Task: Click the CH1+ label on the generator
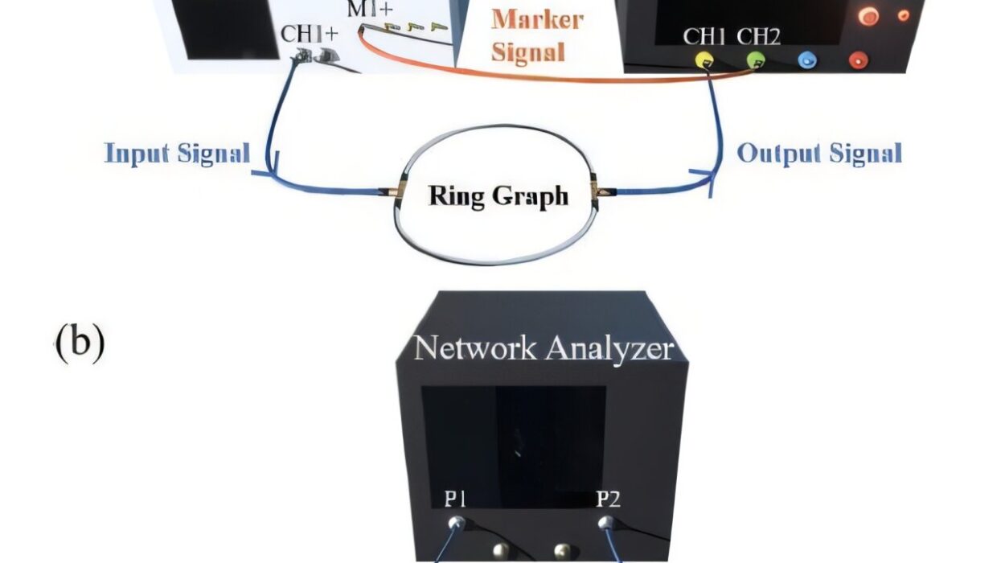click(310, 35)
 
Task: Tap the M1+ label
click(371, 10)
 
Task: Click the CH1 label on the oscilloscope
click(705, 36)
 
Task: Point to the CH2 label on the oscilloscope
click(758, 36)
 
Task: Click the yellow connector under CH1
click(704, 60)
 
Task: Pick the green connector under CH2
click(756, 60)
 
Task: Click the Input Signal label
click(177, 153)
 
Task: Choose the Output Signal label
click(819, 153)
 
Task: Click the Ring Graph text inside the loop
click(498, 195)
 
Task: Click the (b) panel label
click(80, 342)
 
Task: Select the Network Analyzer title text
click(543, 348)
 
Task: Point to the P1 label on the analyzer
click(456, 499)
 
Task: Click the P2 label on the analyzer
click(608, 499)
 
